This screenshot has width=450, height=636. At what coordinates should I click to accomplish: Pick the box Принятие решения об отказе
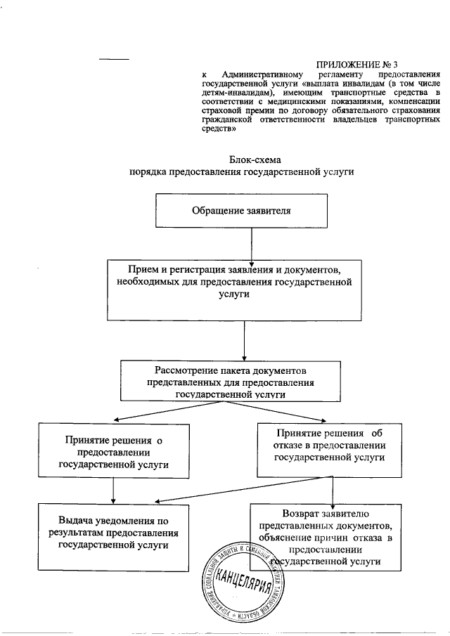(x=329, y=446)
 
